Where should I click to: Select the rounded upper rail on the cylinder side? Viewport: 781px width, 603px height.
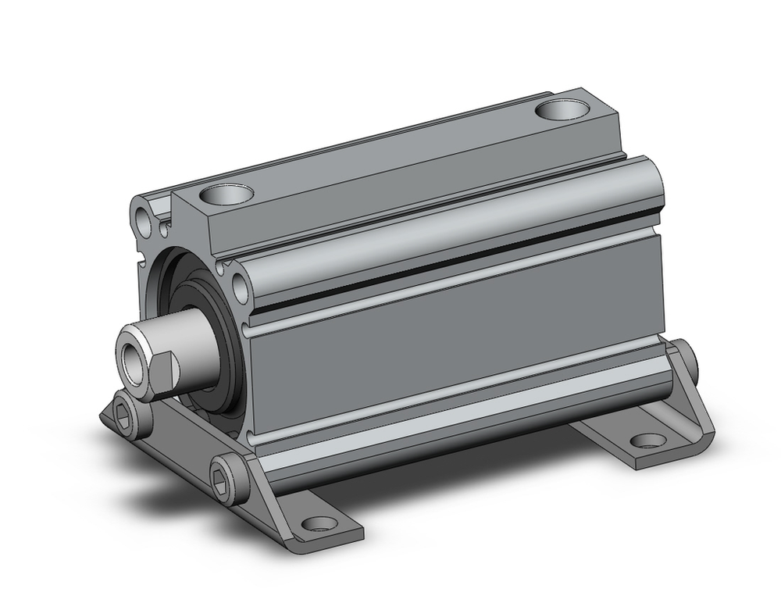(453, 227)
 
